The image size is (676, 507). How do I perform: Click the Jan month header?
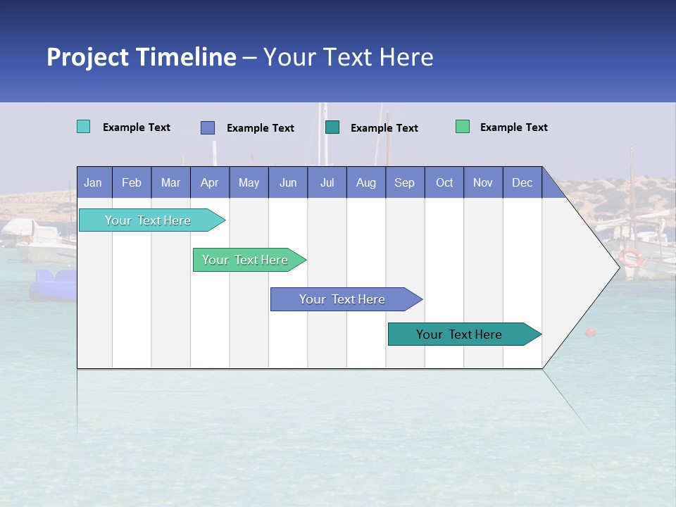coord(93,183)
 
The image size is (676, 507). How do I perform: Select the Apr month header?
coord(209,183)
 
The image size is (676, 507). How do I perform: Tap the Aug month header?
coord(365,183)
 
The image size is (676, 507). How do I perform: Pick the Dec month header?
coord(522,183)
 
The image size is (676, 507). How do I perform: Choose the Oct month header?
coord(444,183)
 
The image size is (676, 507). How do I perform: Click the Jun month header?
coord(287,183)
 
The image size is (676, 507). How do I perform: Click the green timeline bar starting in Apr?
coord(246,260)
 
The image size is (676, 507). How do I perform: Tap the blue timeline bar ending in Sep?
coord(344,299)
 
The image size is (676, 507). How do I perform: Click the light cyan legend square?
coord(83,127)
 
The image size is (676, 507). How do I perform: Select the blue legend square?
coord(207,127)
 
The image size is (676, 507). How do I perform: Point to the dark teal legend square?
coord(332,127)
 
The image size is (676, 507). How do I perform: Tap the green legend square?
coord(462,127)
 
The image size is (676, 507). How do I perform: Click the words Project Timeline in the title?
coord(141,57)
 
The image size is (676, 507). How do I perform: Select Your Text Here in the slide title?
coord(348,57)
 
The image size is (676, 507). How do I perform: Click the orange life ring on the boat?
coord(630,258)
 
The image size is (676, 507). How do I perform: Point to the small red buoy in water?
coord(590,332)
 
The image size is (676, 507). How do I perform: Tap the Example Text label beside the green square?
coord(513,127)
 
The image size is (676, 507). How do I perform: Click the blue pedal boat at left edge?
coord(53,284)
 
